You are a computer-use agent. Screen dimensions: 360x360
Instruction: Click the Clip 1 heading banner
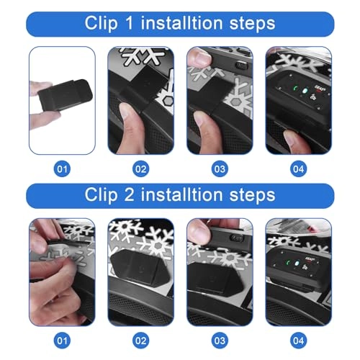coord(179,23)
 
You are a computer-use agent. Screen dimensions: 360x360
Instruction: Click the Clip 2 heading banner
coord(179,195)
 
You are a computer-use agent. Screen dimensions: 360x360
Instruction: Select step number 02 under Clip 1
coord(140,169)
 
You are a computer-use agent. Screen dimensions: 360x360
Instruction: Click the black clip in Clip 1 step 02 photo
coord(148,90)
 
